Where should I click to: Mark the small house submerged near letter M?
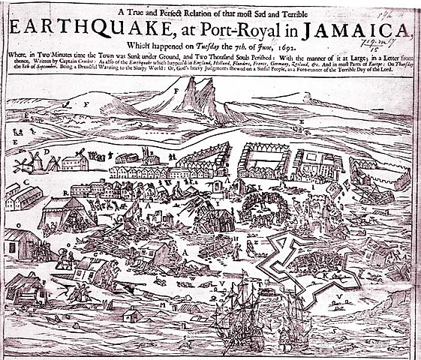(x=134, y=316)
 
